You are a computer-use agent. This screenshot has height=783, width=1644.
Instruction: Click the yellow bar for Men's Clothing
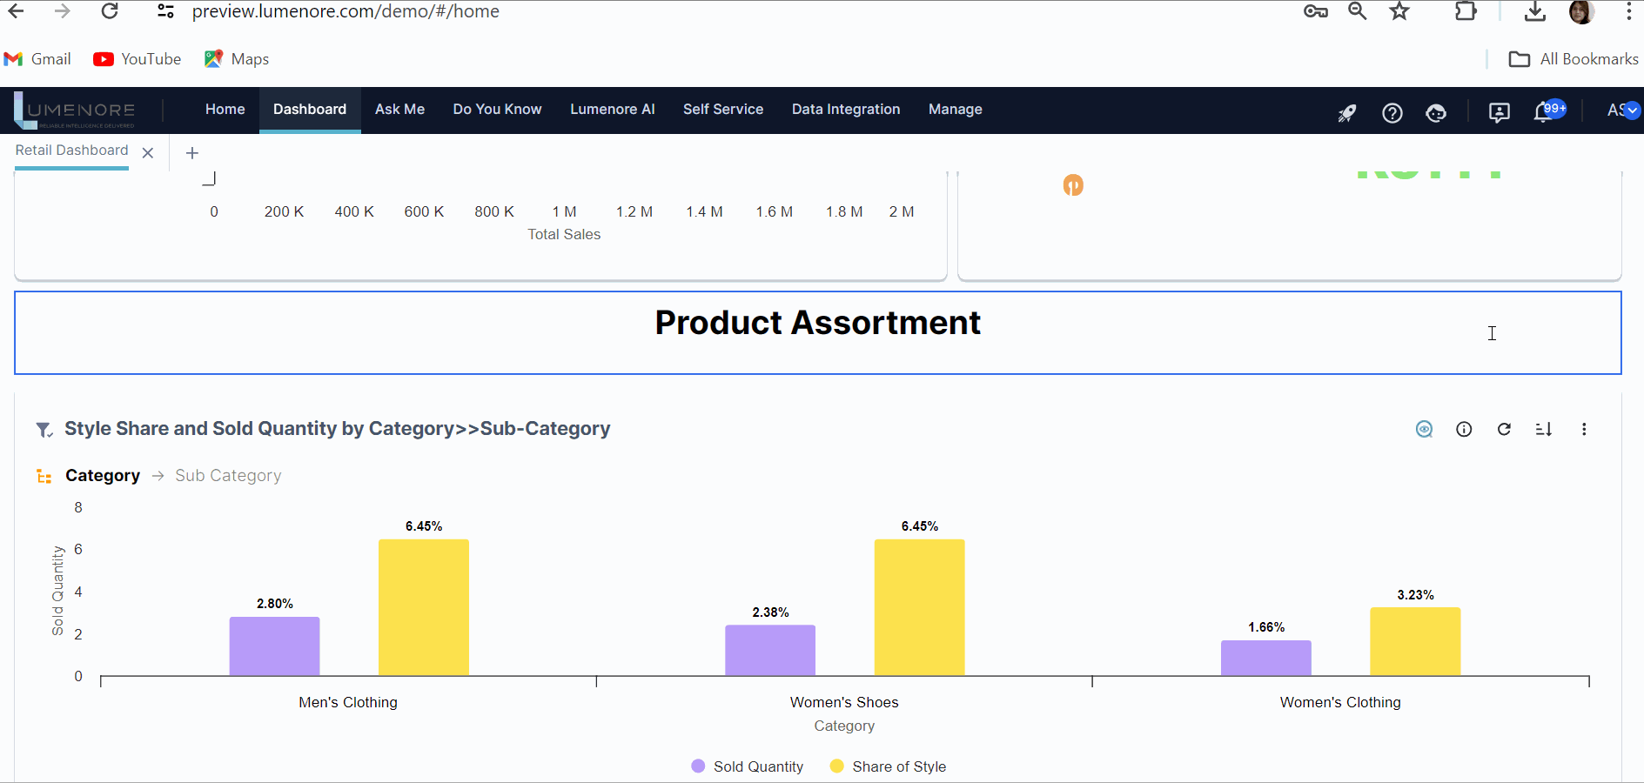point(424,607)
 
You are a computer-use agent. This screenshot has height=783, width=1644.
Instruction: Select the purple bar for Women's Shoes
point(770,650)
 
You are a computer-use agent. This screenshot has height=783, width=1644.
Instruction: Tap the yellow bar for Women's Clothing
point(1415,641)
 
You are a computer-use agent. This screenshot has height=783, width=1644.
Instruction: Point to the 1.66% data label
point(1266,627)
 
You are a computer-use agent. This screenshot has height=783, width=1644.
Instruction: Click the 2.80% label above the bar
point(275,604)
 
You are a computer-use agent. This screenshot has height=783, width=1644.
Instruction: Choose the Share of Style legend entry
point(889,766)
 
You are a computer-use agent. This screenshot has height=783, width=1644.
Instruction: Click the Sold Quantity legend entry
point(748,766)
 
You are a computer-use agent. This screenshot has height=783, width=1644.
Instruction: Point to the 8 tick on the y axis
point(78,508)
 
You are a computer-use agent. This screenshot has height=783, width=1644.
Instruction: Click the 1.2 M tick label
point(634,211)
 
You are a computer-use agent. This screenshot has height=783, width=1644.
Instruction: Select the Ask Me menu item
point(399,110)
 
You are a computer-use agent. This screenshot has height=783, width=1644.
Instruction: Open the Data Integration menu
point(846,110)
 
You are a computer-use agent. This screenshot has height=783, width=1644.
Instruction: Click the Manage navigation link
point(955,110)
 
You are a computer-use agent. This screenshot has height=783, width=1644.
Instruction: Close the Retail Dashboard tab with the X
point(148,153)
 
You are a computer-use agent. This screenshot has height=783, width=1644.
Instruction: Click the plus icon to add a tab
point(192,153)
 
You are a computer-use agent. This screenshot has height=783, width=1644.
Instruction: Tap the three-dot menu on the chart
point(1584,429)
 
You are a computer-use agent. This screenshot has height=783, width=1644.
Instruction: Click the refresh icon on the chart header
point(1504,429)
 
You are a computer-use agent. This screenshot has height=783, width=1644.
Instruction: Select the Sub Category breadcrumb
point(228,476)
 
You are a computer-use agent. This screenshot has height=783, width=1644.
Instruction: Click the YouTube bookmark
point(138,59)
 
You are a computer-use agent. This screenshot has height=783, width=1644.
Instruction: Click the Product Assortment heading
point(817,323)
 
